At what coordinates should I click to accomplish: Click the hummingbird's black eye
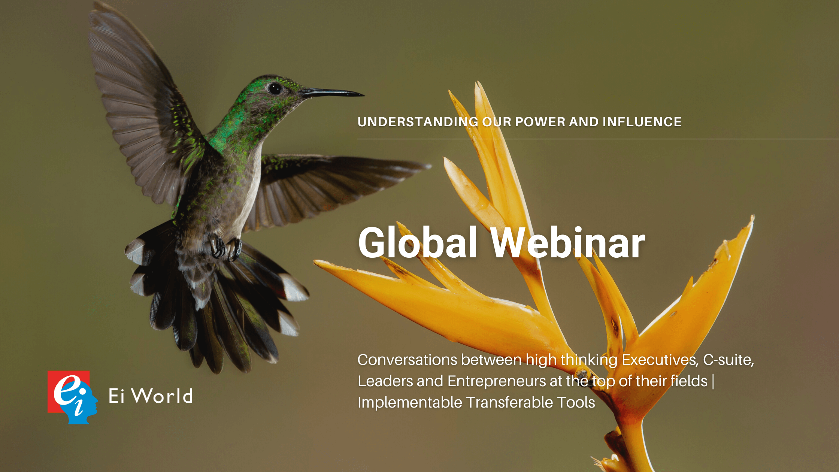[x=275, y=89]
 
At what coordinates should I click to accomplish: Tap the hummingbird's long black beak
[x=332, y=93]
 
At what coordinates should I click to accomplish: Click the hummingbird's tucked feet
[x=226, y=248]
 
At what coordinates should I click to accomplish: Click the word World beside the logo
[x=162, y=396]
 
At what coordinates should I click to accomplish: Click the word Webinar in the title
[x=568, y=243]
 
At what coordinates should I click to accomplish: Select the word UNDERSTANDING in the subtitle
[x=418, y=122]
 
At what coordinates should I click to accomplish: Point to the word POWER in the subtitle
[x=540, y=122]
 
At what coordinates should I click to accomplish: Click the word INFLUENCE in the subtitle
[x=642, y=122]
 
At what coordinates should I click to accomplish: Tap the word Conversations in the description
[x=408, y=360]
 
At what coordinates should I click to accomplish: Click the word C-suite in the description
[x=728, y=360]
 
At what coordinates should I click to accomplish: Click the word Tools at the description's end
[x=576, y=403]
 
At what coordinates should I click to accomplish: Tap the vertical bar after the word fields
[x=713, y=381]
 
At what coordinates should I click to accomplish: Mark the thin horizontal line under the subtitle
[x=598, y=139]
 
